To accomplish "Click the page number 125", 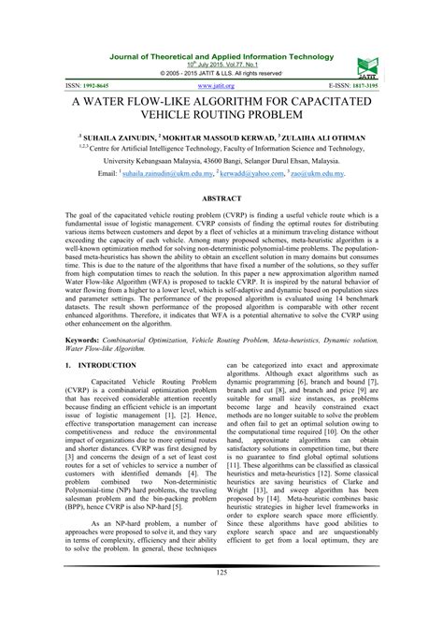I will pos(221,599).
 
